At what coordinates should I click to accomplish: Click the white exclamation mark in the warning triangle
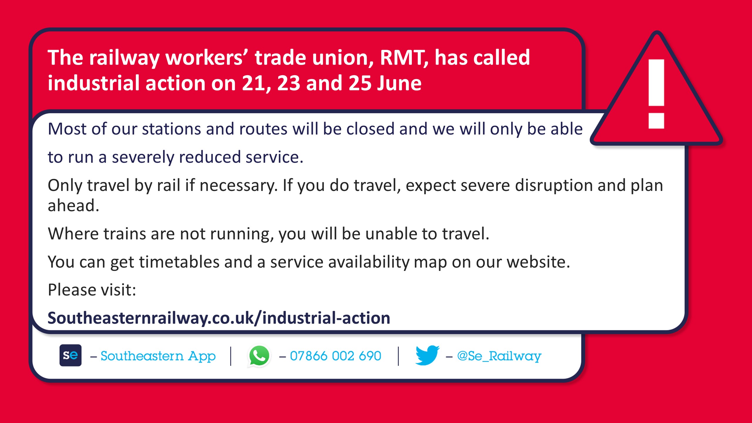pos(657,94)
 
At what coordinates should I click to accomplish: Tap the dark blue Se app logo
pos(70,355)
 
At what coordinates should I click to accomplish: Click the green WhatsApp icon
pos(259,356)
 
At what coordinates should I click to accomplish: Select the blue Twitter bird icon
pos(427,355)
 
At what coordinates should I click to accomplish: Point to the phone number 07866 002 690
pos(335,356)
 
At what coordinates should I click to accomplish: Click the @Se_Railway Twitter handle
pos(499,356)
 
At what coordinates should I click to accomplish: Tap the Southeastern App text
pos(158,356)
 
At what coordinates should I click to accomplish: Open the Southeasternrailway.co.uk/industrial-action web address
pos(219,318)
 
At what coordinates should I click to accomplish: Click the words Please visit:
pos(92,290)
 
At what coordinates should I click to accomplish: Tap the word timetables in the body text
pos(179,262)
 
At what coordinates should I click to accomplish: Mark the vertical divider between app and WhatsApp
pos(231,356)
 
